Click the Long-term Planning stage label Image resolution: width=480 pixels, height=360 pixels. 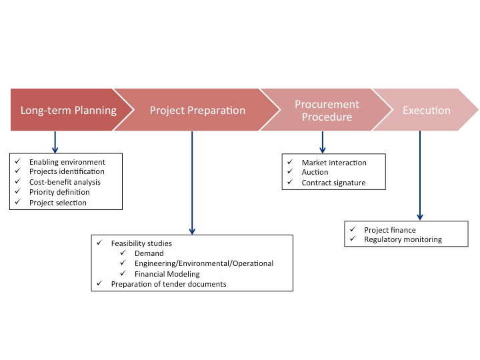coord(68,110)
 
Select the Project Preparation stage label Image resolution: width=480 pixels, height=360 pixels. coord(197,110)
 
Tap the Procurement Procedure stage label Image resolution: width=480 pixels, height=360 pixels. coord(327,111)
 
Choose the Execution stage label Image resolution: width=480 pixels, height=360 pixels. coord(426,110)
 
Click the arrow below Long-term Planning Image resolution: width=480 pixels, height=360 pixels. coord(55,141)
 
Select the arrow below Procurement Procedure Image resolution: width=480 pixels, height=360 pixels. coord(323,141)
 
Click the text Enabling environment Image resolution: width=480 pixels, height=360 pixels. coord(67,162)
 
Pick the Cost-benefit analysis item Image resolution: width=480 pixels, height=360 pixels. coord(65,182)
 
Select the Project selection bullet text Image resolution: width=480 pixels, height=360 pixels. coord(57,203)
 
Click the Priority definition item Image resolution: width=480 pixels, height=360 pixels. coord(59,192)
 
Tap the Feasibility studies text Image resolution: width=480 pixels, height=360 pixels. coord(141,243)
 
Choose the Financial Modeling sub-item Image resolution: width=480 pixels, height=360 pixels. coord(167,273)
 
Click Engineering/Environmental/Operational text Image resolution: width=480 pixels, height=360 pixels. coord(203,263)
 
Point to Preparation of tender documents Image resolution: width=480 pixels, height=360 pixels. coord(169,284)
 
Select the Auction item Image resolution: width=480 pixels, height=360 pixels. coord(315,172)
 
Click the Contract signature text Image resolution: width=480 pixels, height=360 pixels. coord(333,183)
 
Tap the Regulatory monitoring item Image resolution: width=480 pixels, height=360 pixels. coord(403,239)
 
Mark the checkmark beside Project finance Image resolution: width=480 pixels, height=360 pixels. coord(351,229)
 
